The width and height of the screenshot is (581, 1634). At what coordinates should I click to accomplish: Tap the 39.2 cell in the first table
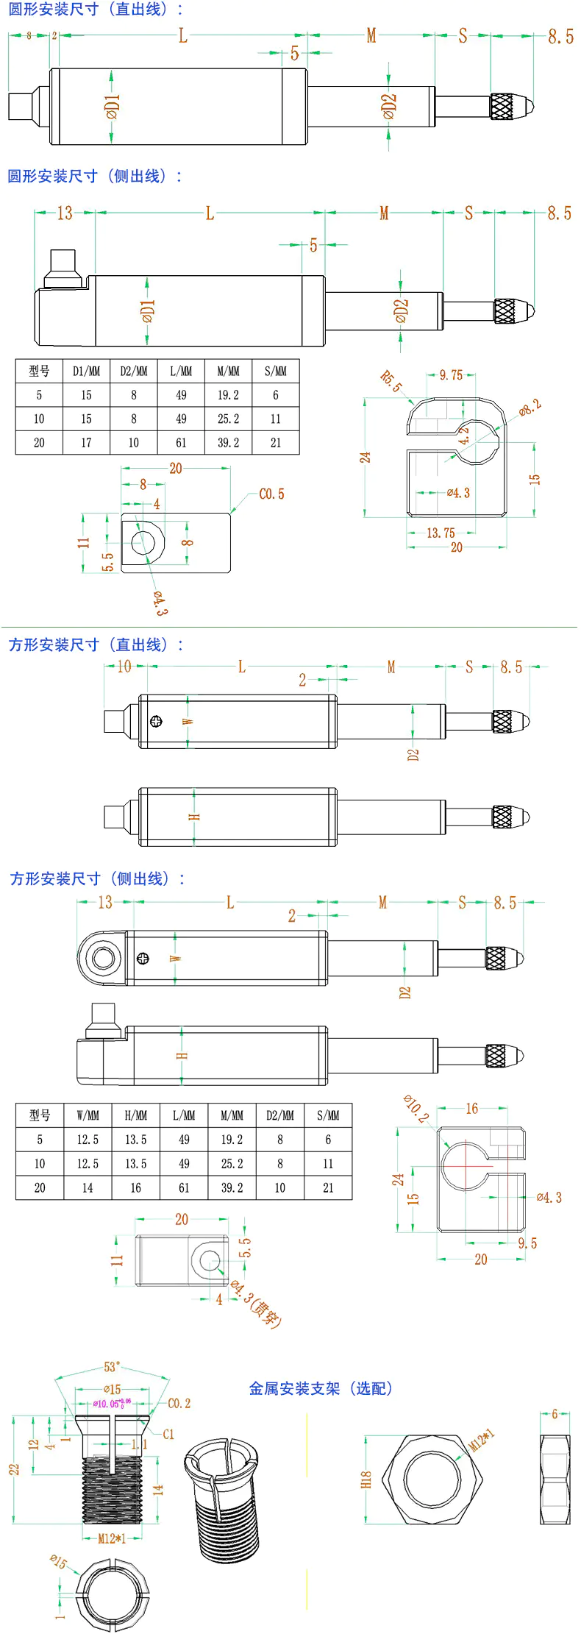[x=228, y=443]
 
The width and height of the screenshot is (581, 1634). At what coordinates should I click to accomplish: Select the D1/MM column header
[x=86, y=372]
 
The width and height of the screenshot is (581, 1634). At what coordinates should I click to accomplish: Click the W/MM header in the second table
[x=88, y=1115]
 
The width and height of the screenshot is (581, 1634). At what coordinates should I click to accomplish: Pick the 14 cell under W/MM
[x=88, y=1187]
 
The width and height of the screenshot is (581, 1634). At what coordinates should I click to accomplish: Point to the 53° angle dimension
[x=112, y=1367]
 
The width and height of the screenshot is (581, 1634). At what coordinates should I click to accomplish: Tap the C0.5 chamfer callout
[x=271, y=494]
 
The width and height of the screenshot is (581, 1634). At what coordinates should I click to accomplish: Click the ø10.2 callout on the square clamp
[x=416, y=1109]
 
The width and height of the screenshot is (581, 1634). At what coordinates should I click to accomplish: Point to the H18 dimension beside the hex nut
[x=366, y=1480]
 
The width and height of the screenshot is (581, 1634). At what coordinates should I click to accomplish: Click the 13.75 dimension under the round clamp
[x=441, y=533]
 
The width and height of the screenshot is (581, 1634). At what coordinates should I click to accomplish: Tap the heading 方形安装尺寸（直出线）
[x=96, y=645]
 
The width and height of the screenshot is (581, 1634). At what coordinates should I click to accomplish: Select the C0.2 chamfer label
[x=179, y=1403]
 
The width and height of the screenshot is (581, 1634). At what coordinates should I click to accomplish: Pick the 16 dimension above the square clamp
[x=471, y=1108]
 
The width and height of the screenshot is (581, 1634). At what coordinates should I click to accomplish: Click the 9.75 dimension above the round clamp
[x=451, y=375]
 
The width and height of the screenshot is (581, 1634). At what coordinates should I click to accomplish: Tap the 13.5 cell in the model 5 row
[x=135, y=1140]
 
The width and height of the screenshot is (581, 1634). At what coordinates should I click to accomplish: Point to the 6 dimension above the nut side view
[x=555, y=1413]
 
